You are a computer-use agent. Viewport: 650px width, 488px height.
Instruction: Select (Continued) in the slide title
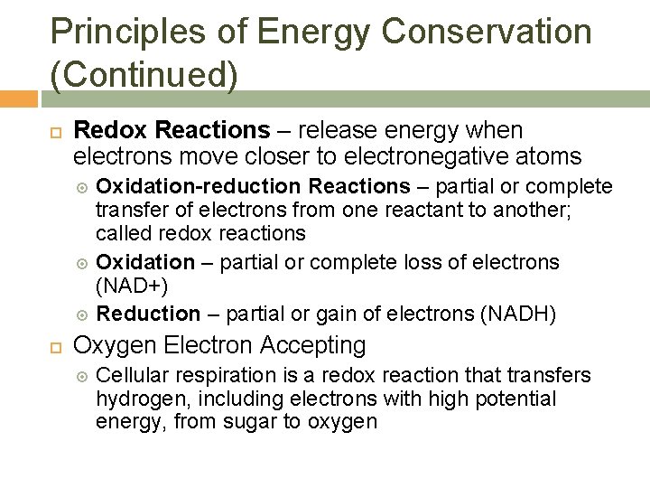point(144,75)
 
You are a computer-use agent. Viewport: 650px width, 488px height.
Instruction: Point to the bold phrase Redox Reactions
point(171,132)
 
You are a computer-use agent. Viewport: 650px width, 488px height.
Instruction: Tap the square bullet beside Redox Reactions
point(54,133)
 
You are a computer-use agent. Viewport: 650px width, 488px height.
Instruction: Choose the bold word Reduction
point(148,314)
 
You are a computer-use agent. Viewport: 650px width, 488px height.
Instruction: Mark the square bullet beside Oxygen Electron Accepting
point(54,346)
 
